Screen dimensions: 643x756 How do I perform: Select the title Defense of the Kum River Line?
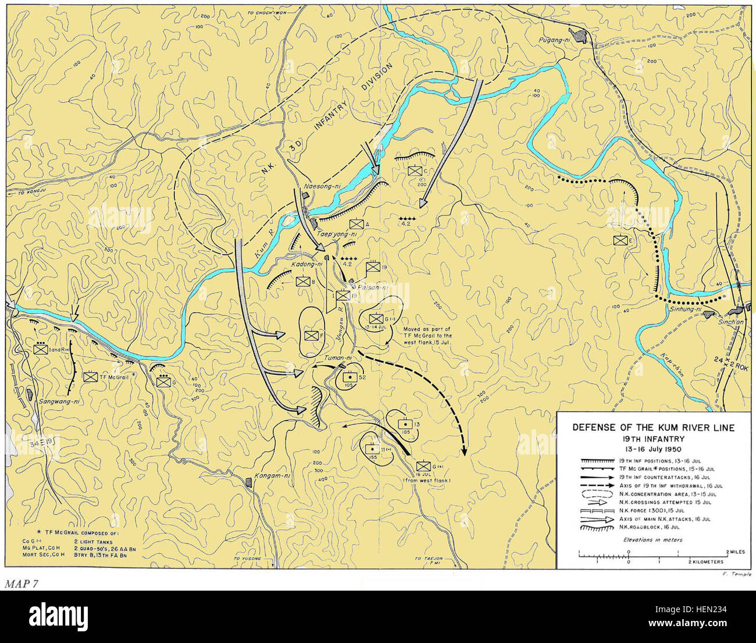[653, 428]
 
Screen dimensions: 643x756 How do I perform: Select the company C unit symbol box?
[415, 170]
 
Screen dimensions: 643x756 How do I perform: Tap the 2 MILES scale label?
[735, 550]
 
